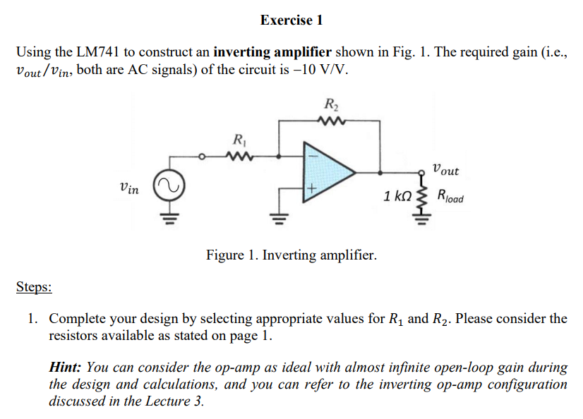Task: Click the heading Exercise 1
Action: [291, 20]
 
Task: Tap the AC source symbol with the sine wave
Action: [169, 186]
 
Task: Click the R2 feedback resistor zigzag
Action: [332, 121]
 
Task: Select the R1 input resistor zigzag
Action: [240, 157]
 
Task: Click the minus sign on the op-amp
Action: [313, 156]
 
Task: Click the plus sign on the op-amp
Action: [311, 189]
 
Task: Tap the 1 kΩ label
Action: [397, 196]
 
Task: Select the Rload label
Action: [450, 196]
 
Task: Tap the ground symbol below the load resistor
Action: [421, 220]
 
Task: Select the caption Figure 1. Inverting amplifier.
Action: [291, 255]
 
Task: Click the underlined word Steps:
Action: [34, 287]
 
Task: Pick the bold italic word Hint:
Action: [65, 368]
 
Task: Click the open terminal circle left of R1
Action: [202, 157]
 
